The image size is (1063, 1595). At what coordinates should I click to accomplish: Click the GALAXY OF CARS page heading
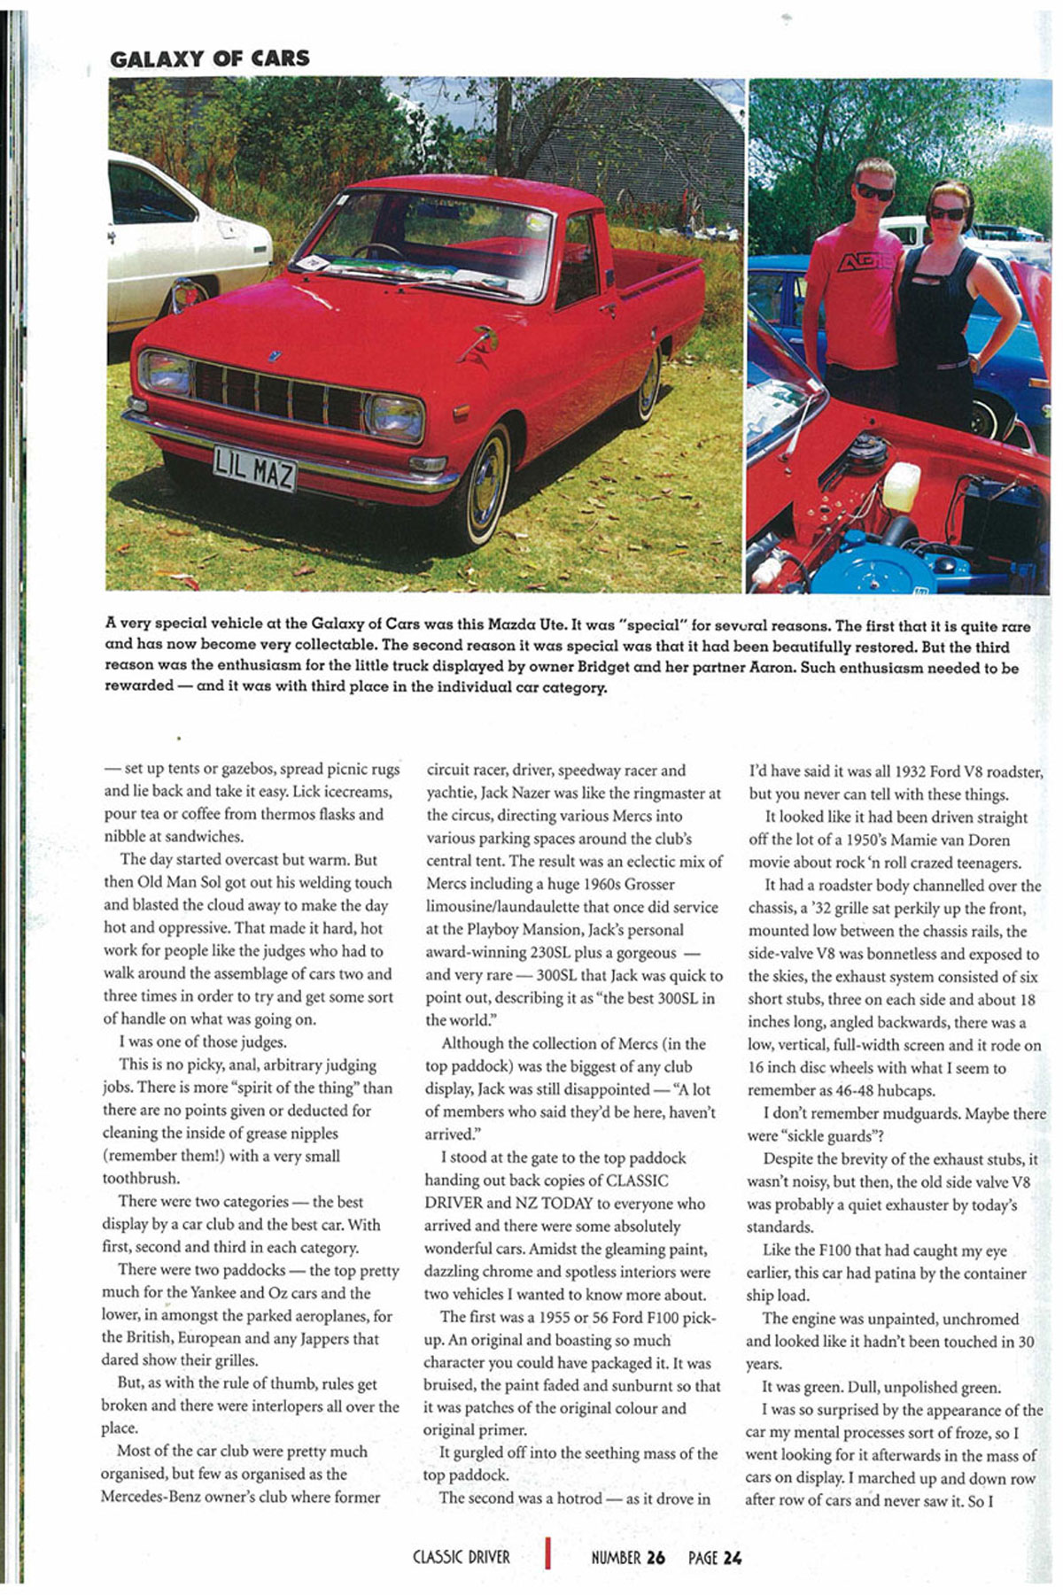click(209, 59)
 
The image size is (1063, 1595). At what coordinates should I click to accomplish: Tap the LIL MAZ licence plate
click(254, 468)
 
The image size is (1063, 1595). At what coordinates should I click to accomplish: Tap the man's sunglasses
click(873, 191)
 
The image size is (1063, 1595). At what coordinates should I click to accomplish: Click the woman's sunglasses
click(947, 213)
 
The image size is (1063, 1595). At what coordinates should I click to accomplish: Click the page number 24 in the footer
click(732, 1557)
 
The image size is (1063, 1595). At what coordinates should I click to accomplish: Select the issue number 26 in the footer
click(655, 1557)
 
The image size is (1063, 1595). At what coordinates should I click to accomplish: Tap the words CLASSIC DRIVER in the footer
click(461, 1557)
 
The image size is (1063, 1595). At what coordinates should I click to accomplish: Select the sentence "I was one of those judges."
click(203, 1041)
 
